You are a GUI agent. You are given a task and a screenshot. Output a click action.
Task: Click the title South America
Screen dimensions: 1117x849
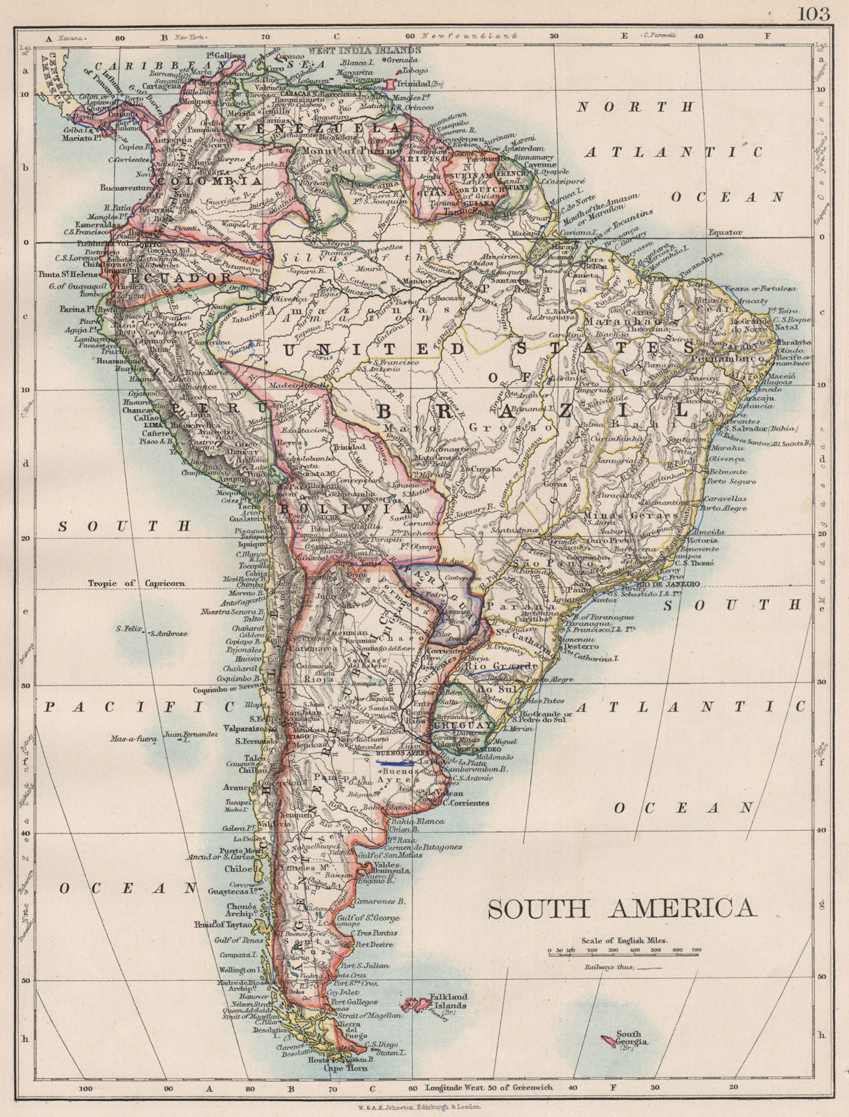[621, 908]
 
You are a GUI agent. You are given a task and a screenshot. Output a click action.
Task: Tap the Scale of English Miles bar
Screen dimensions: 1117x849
[623, 952]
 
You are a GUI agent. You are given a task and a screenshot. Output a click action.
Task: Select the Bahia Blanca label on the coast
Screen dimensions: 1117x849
[418, 822]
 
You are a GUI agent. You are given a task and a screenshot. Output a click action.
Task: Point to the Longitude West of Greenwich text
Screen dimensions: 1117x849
[489, 1087]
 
